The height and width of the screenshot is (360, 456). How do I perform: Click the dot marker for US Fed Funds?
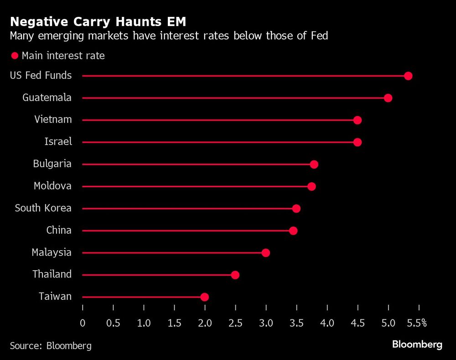pos(408,76)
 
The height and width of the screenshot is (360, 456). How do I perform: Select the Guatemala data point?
pos(388,98)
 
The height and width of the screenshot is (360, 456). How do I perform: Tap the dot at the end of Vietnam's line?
pos(358,120)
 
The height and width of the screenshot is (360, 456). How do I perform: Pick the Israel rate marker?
pos(358,142)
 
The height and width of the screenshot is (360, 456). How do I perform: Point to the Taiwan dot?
pos(205,297)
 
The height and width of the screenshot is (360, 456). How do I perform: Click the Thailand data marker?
pos(235,275)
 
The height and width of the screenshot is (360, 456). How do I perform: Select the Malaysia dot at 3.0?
pos(266,253)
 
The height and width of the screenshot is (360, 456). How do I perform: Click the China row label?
pos(59,230)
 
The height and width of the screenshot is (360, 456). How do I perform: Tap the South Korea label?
pos(43,208)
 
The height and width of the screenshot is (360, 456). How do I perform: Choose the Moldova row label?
pos(52,186)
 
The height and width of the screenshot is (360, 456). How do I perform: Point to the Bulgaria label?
pos(52,164)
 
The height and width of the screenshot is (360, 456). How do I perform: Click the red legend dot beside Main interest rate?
pos(14,56)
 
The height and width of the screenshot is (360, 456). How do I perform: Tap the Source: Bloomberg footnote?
pos(51,346)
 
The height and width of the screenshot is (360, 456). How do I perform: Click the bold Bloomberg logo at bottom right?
pos(417,345)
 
